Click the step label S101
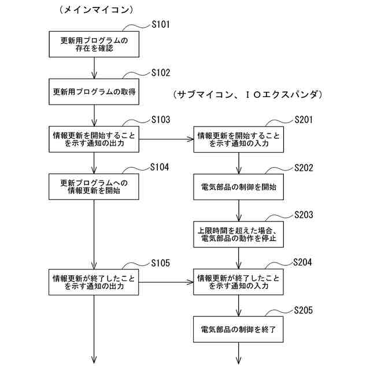point(161,24)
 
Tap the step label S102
point(161,72)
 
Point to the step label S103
point(161,120)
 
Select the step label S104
point(160,167)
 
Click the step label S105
point(161,263)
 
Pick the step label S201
point(304,120)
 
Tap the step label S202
point(304,168)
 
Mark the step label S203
point(304,214)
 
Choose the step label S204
point(302,262)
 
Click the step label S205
point(304,310)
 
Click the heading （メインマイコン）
point(97,10)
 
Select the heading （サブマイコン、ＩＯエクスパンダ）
point(248,95)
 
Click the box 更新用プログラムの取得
point(94,92)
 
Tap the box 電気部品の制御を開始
point(239,187)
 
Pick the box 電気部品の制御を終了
point(238,330)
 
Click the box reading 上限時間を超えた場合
point(239,234)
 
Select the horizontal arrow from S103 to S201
point(166,139)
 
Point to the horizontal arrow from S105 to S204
point(166,282)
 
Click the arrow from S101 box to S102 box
point(94,68)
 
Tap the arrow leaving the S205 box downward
point(238,353)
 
